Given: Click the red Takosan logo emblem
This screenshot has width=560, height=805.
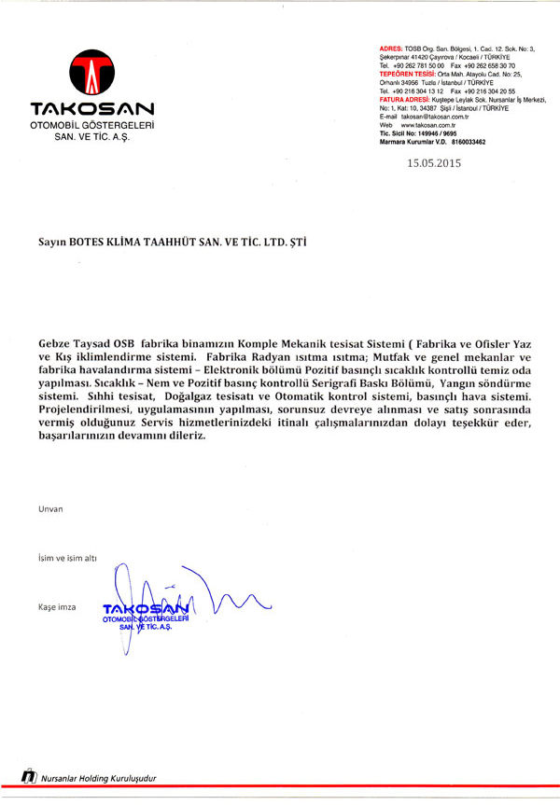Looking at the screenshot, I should [x=91, y=72].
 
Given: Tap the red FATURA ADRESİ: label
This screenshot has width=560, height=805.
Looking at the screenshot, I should [x=410, y=100].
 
